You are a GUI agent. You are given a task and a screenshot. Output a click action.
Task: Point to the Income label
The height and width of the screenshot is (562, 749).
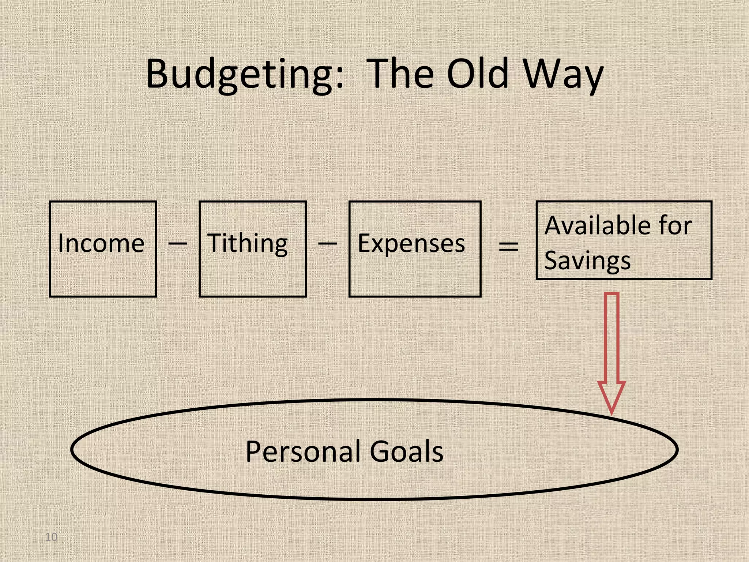101,243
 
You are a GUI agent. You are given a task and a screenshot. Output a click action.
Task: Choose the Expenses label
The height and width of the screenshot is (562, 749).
411,243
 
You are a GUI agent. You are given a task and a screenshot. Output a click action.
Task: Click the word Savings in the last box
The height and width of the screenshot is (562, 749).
587,261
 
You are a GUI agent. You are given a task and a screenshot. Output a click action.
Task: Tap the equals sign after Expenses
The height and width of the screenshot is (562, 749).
509,247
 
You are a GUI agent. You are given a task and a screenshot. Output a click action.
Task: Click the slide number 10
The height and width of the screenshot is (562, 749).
51,537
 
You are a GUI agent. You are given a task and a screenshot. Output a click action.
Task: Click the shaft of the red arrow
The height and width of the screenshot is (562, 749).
611,337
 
